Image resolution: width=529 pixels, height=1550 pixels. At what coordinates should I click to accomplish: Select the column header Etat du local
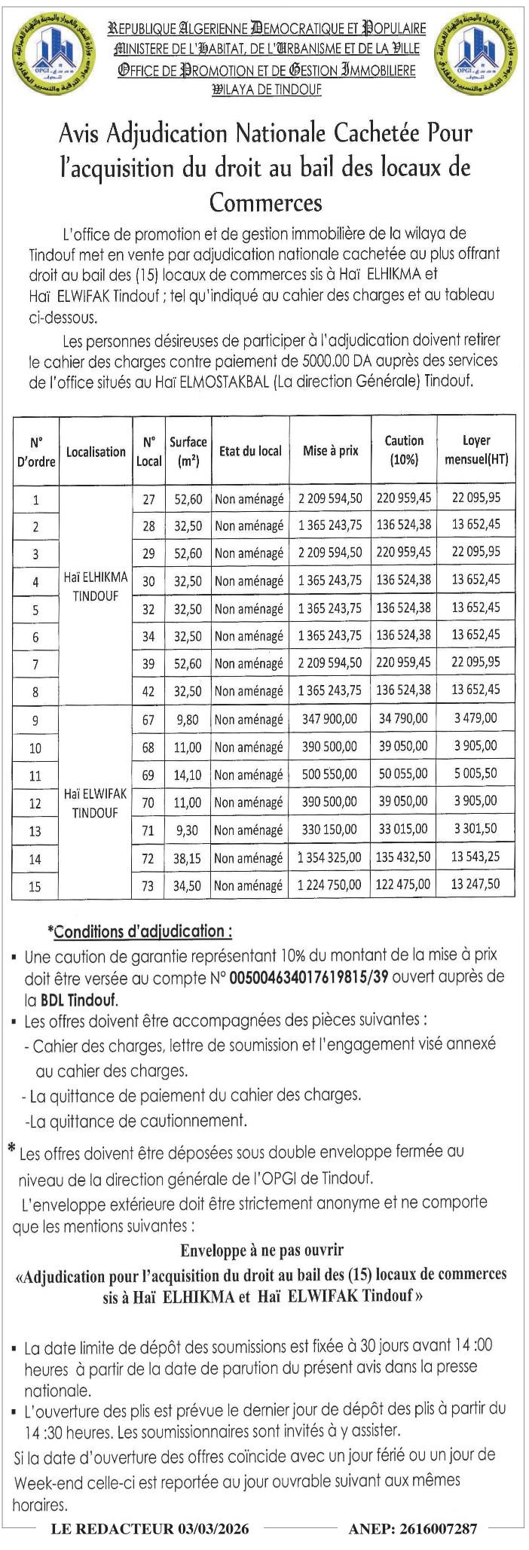(250, 451)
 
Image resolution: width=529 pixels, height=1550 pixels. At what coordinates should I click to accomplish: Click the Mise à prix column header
(331, 451)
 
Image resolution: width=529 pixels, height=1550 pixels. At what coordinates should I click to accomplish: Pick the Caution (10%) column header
(404, 451)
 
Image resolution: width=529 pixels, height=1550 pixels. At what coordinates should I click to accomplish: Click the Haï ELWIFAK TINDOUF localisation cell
(96, 803)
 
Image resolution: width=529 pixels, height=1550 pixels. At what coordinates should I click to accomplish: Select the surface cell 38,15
(188, 858)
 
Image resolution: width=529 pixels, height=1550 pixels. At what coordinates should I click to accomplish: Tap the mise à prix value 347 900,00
(330, 719)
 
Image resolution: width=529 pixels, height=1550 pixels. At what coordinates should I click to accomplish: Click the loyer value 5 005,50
(475, 774)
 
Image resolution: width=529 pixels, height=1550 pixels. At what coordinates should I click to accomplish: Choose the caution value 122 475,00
(403, 885)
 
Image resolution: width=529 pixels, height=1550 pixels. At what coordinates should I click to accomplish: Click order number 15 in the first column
(35, 887)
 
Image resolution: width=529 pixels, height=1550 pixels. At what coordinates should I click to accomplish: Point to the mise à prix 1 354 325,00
(330, 858)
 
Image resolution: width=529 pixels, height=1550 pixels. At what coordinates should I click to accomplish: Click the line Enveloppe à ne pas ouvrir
(261, 1250)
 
